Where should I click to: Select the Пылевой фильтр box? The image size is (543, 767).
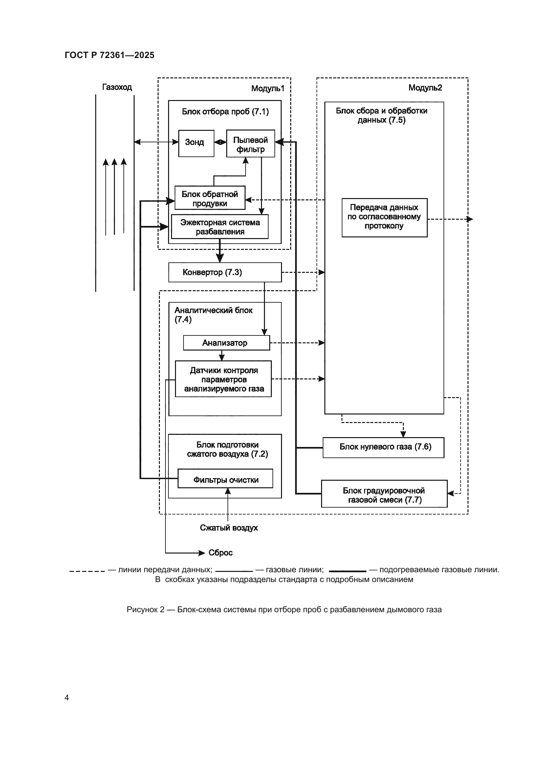pos(250,144)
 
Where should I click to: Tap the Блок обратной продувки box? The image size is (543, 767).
pos(210,198)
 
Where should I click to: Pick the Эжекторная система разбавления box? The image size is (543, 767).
pos(220,227)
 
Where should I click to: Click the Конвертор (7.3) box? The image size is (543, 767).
pos(225,272)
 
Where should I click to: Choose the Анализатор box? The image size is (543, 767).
pos(227,343)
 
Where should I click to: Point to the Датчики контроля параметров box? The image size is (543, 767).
pos(223,379)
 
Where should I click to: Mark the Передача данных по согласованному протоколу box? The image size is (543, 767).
pos(384,217)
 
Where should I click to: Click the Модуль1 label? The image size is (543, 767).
pos(268,89)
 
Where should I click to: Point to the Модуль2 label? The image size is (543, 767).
pos(425,88)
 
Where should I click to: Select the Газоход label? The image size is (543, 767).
pos(117,87)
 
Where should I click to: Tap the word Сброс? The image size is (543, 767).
pos(220,553)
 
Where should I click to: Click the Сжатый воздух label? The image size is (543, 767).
pos(229,528)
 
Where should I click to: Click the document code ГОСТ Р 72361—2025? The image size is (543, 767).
pos(109,55)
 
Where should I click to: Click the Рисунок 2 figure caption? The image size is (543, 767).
pos(284,610)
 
